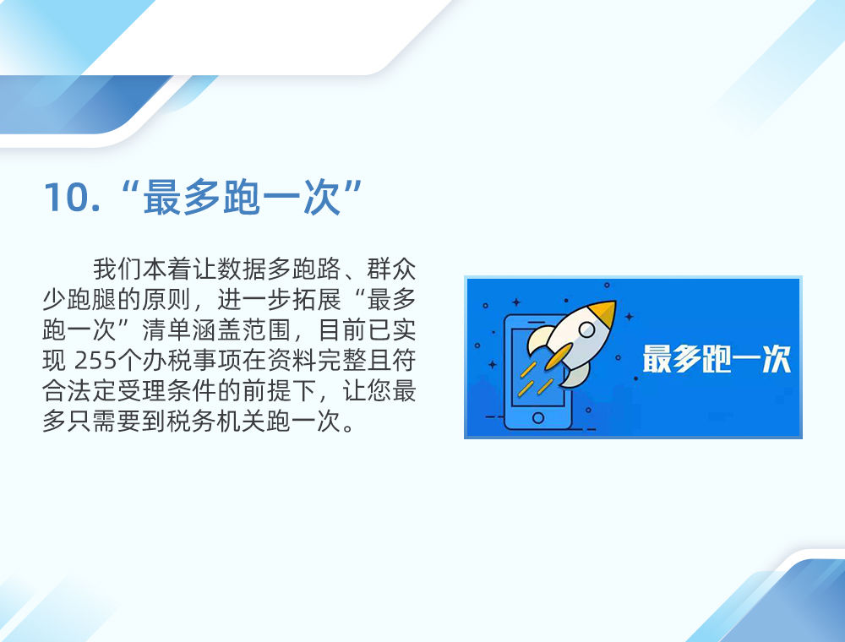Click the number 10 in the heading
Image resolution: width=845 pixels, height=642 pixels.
(x=67, y=197)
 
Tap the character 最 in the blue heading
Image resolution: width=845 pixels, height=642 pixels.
(x=161, y=197)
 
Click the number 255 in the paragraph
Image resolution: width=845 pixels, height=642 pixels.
(x=95, y=361)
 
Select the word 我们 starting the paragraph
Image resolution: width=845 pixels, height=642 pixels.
(x=117, y=269)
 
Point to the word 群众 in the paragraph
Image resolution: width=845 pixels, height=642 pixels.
(x=391, y=269)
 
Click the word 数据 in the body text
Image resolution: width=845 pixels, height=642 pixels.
(x=242, y=269)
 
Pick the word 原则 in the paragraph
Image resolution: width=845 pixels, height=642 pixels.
(x=166, y=299)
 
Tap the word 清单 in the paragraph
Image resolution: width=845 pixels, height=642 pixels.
(x=166, y=330)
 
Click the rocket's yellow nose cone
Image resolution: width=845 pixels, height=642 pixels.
(x=603, y=313)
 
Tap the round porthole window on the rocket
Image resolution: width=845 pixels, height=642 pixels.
(x=586, y=329)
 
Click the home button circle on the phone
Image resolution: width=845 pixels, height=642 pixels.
(x=537, y=417)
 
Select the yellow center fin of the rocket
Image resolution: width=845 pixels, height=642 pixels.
(x=559, y=356)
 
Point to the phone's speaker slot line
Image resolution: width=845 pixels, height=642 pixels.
(x=537, y=322)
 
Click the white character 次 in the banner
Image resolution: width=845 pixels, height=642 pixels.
(x=777, y=359)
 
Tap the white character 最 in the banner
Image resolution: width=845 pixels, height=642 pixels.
(x=657, y=359)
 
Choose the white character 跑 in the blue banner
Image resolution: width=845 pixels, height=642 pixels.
(x=717, y=359)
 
